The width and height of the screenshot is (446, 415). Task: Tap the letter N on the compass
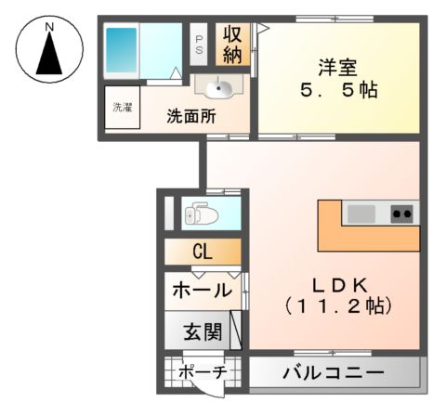coord(49,28)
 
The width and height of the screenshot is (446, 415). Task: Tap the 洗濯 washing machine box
coord(122,108)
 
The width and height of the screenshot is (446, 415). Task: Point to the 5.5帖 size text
coord(335,93)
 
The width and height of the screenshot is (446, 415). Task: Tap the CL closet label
coord(203,252)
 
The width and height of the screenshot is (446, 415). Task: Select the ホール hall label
coord(201,291)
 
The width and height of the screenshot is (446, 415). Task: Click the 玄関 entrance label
coord(201,331)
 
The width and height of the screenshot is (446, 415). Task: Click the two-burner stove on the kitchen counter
coord(402,214)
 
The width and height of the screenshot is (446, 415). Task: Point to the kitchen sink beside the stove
coord(362,214)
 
